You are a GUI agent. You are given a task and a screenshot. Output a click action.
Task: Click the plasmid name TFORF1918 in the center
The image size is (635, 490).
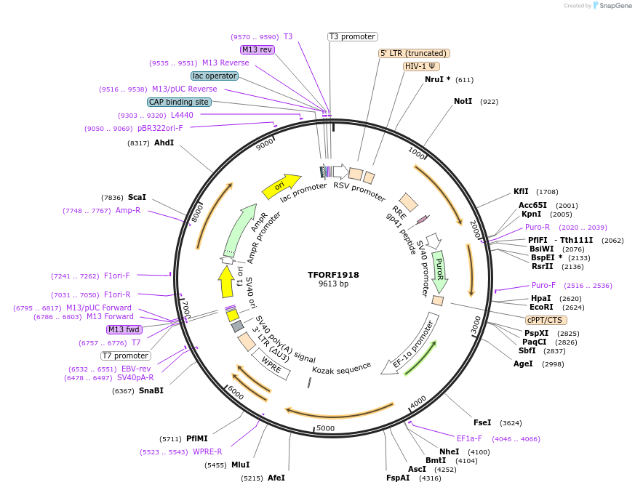[333, 275]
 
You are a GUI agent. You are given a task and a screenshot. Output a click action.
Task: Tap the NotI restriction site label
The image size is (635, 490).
[463, 101]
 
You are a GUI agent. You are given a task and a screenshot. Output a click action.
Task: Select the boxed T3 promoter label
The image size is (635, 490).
[352, 36]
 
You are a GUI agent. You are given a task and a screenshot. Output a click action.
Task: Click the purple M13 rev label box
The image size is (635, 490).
[257, 49]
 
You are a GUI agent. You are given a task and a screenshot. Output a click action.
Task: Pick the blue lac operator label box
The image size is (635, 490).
[215, 76]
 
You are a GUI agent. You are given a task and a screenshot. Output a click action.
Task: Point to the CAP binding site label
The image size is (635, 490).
[179, 102]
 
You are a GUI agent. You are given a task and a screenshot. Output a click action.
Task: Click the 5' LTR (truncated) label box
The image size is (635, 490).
[415, 53]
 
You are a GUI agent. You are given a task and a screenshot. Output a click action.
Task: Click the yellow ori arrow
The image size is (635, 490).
[281, 186]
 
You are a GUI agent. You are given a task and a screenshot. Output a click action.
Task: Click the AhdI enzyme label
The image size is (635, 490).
[164, 142]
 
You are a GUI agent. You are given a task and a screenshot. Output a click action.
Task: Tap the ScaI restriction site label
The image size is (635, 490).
[137, 197]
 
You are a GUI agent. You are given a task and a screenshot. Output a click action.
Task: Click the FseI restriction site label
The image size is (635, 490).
[482, 422]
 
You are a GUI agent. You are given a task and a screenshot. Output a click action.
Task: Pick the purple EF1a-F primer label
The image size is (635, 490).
[469, 438]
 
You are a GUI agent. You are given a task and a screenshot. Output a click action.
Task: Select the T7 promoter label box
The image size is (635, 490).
[126, 356]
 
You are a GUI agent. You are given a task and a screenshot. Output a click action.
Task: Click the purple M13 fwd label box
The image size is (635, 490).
[124, 329]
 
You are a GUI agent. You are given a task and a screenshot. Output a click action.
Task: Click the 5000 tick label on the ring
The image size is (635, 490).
[325, 427]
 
